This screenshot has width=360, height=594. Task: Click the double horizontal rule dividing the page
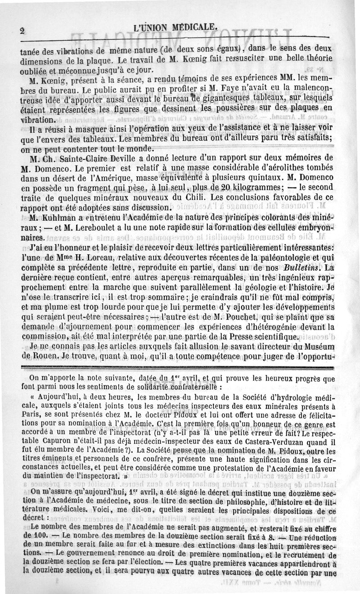[x=180, y=369]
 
